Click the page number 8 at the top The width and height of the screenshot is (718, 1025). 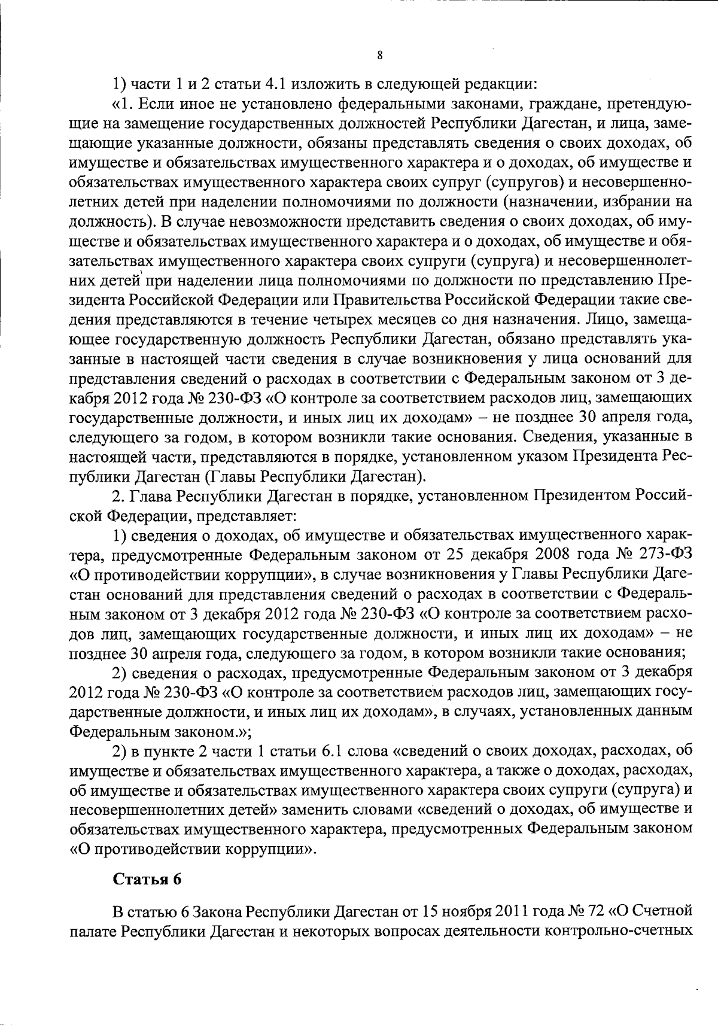380,56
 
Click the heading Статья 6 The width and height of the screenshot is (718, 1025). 147,880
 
